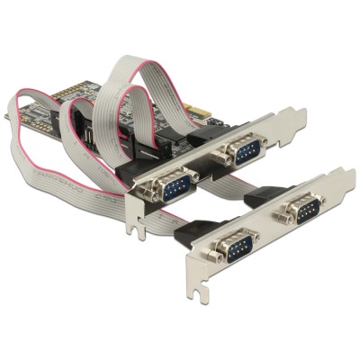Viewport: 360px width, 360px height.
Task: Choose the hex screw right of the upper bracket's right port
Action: (267, 139)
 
